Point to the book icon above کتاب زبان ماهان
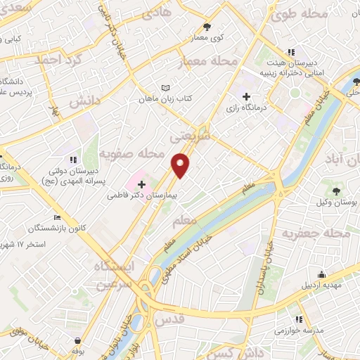[x=166, y=88]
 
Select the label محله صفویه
[x=131, y=153]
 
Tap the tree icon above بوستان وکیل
[x=337, y=190]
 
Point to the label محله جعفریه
[x=316, y=233]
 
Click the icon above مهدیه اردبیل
[x=322, y=274]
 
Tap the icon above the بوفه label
[x=76, y=339]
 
